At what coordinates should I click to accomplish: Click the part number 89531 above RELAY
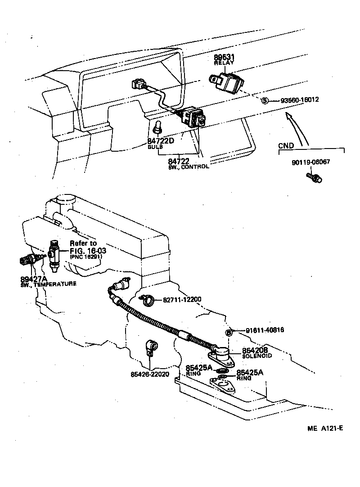pos(225,58)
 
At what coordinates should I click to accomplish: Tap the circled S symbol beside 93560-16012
pos(265,100)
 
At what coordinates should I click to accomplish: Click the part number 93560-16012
pos(300,100)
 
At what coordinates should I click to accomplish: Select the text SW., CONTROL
pos(189,167)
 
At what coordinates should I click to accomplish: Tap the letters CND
pos(286,145)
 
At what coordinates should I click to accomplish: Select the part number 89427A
pos(33,278)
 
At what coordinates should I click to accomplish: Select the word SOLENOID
pos(257,356)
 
